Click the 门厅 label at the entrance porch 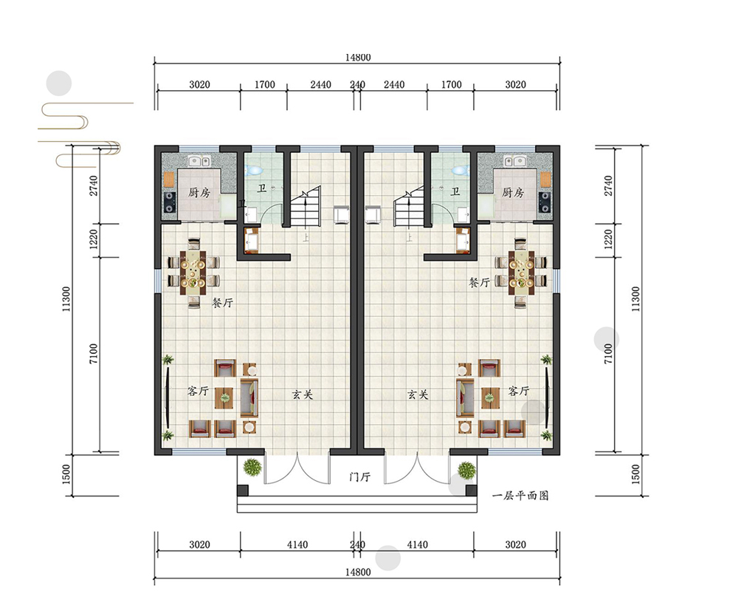[360, 477]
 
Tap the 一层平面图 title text [520, 495]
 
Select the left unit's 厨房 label [199, 192]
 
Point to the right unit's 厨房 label [513, 192]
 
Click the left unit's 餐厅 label [222, 303]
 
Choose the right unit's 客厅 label [519, 391]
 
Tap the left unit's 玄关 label [302, 394]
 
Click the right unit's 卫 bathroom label [455, 191]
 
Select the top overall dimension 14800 [358, 58]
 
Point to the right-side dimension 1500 [635, 474]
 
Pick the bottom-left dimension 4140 [297, 544]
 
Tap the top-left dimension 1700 [264, 85]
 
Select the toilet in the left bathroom [255, 170]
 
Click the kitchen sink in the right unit [514, 161]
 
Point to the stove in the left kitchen [169, 201]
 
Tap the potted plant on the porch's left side [252, 468]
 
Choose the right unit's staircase [409, 206]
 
